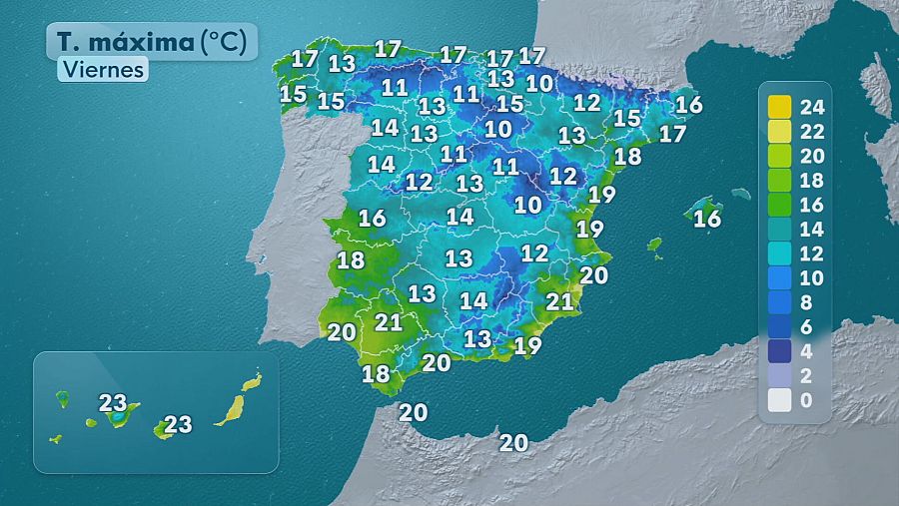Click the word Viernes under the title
tap(103, 70)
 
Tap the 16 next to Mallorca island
tap(707, 219)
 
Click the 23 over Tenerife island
tap(113, 403)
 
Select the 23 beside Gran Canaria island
tap(178, 424)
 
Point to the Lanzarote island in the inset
tap(253, 381)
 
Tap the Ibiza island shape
tap(655, 244)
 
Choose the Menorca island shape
tap(739, 194)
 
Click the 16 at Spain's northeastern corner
tap(689, 104)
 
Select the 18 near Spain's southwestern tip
tap(376, 374)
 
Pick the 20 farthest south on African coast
tap(513, 442)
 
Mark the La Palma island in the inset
tap(62, 399)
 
